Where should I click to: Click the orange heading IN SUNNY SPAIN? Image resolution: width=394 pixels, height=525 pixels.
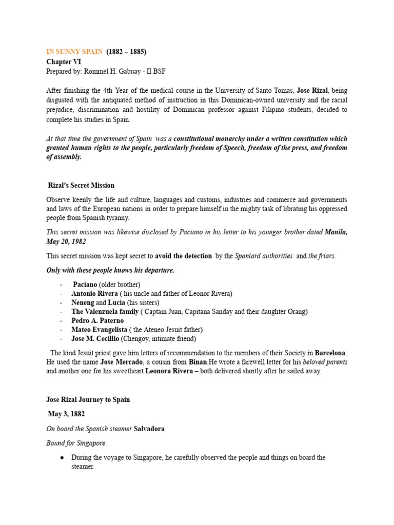pyautogui.click(x=74, y=52)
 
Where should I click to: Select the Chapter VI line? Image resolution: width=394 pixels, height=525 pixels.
pyautogui.click(x=64, y=62)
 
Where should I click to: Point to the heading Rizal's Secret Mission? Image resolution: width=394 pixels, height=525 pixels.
pyautogui.click(x=81, y=186)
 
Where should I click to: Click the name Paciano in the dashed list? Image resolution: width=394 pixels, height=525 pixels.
pyautogui.click(x=85, y=284)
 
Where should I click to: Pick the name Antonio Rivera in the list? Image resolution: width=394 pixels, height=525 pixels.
pyautogui.click(x=94, y=293)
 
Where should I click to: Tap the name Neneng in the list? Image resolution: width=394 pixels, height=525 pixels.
pyautogui.click(x=83, y=302)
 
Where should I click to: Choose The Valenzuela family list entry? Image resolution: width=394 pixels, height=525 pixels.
pyautogui.click(x=105, y=312)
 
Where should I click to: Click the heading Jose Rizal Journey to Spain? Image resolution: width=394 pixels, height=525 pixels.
pyautogui.click(x=88, y=399)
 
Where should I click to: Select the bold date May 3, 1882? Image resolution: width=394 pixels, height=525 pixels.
pyautogui.click(x=66, y=414)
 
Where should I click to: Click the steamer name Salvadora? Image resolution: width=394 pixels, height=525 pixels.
pyautogui.click(x=149, y=429)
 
